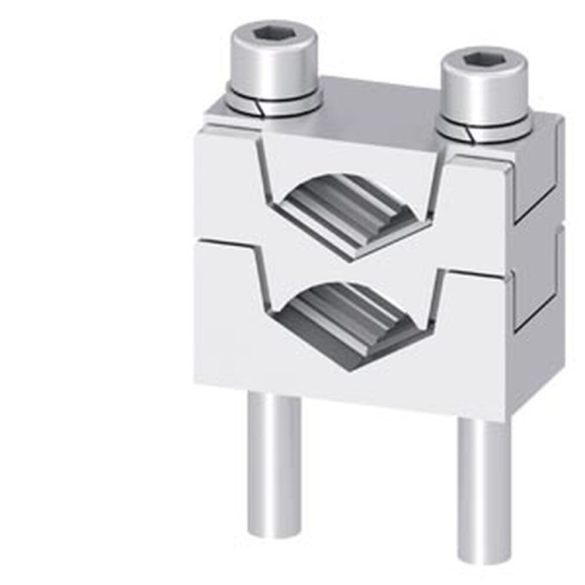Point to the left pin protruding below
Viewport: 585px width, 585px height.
pos(274,462)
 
